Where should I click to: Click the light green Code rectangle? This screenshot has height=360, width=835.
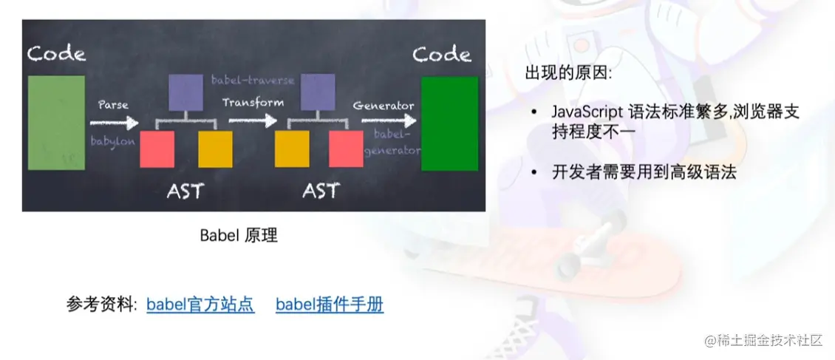(x=56, y=123)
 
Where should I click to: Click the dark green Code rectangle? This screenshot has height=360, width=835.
(x=449, y=123)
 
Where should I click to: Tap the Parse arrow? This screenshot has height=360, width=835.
(x=115, y=123)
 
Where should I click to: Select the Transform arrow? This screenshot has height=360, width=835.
(x=253, y=121)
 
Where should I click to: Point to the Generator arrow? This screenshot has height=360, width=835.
(x=389, y=121)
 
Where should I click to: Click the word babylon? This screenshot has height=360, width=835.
(x=113, y=142)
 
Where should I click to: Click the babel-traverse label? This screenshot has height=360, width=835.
(x=253, y=81)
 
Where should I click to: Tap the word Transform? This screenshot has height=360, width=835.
(x=253, y=103)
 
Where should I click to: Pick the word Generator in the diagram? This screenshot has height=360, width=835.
(x=384, y=106)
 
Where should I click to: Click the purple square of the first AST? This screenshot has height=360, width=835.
(x=185, y=92)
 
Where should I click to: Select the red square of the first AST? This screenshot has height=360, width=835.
(x=157, y=149)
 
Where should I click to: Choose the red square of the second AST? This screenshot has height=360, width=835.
(x=346, y=149)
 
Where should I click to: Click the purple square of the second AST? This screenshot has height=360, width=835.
(x=318, y=92)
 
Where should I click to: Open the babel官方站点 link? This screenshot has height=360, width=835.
(x=201, y=305)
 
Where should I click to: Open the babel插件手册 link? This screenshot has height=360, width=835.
(x=330, y=305)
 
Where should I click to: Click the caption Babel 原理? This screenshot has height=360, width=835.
(x=239, y=235)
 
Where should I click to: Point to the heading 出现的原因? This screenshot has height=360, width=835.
(x=569, y=73)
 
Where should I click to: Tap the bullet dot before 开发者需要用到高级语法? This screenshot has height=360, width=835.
(x=534, y=172)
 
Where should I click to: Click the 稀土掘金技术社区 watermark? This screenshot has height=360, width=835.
(x=764, y=340)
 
